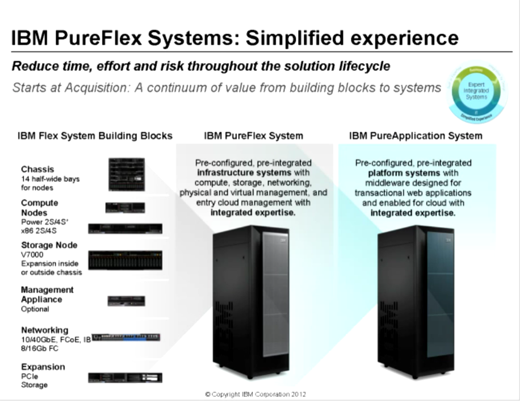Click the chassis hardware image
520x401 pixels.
point(126,174)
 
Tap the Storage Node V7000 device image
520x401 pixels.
point(125,260)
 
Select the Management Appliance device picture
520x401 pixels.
point(126,301)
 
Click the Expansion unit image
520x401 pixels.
point(125,377)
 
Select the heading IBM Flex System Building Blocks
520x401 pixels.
point(95,136)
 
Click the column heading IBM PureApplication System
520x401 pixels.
point(415,136)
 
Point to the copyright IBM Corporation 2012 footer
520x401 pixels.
point(256,394)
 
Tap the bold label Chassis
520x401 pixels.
point(37,169)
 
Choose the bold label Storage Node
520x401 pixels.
point(49,245)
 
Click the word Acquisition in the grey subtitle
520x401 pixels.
point(90,88)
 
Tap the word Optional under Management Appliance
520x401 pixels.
point(35,309)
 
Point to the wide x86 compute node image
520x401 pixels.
point(125,228)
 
